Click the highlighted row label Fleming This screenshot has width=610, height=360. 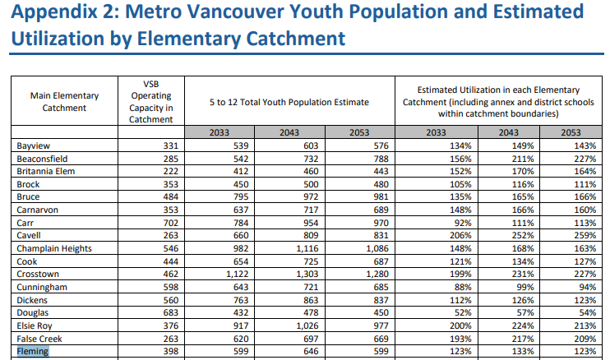[x=33, y=352]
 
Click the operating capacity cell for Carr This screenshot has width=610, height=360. [x=167, y=223]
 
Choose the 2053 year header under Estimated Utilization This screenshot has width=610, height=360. [x=569, y=133]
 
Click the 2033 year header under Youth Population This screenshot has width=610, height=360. [x=220, y=133]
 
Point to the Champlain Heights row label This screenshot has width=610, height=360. [x=54, y=248]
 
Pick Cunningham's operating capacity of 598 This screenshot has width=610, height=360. [x=167, y=287]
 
